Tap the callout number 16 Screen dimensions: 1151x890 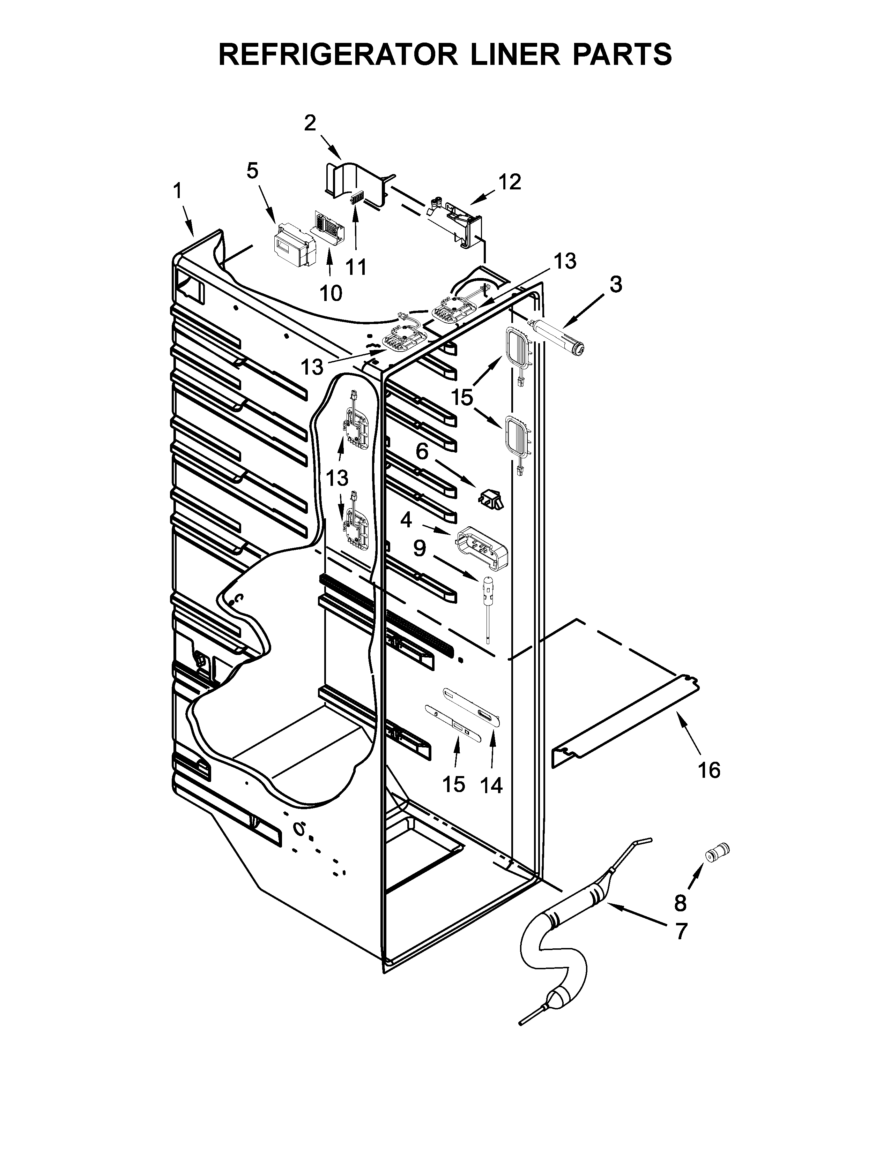tap(709, 770)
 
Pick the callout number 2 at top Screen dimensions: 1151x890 tap(310, 123)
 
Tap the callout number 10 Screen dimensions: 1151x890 tap(331, 293)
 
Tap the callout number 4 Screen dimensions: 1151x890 tap(406, 520)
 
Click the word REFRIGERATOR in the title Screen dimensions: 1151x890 tap(338, 54)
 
